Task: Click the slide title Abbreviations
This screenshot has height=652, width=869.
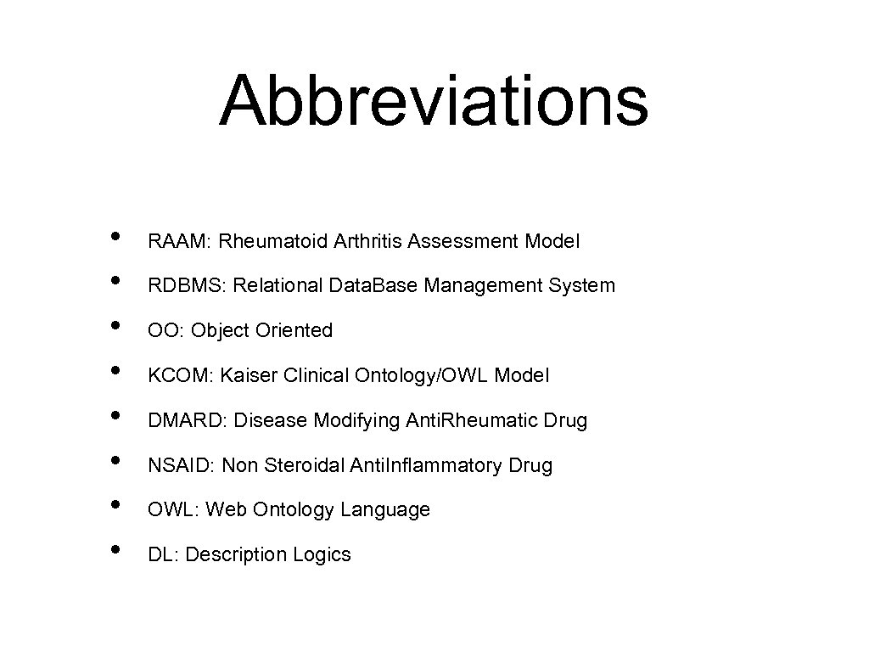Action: (x=434, y=100)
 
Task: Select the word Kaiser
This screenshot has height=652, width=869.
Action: (x=248, y=375)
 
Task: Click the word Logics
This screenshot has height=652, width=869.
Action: (x=322, y=555)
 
